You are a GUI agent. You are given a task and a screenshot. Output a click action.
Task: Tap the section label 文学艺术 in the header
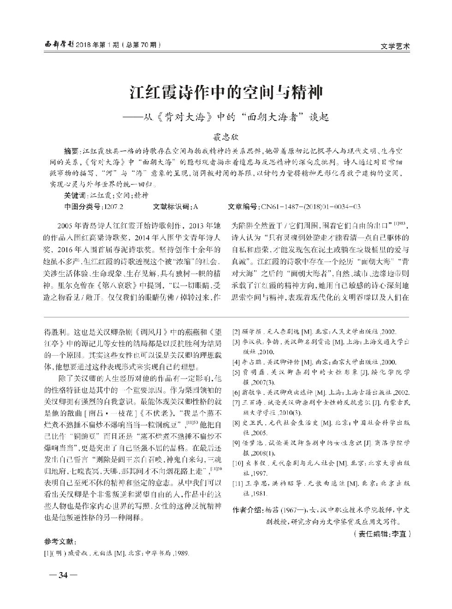tap(396, 46)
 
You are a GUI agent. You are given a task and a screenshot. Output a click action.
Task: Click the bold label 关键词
tap(75, 195)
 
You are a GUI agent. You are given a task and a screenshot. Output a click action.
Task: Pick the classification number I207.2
tap(114, 206)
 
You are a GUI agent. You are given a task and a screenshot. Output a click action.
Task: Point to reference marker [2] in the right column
tap(236, 332)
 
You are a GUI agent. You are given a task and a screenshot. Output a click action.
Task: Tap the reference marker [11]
tap(237, 484)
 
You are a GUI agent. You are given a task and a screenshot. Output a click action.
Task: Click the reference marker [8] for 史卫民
tap(236, 423)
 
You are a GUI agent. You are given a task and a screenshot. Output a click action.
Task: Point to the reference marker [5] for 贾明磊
tap(236, 372)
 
